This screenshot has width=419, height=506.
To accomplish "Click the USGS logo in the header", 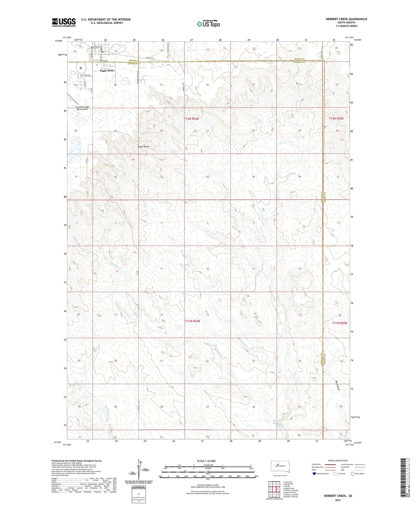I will point(64,22).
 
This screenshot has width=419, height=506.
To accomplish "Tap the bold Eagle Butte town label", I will point(107,71).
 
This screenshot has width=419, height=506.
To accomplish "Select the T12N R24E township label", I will point(191,119).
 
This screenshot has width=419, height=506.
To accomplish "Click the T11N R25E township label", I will point(340,323).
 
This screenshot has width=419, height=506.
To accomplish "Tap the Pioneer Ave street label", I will point(98,47).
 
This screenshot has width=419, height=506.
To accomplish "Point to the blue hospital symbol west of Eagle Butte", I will point(81,68).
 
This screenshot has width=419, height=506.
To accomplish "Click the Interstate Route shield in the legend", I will point(314,474).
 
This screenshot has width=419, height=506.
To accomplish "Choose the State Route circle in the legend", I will point(353,474).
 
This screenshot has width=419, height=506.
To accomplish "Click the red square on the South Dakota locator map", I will point(278,465).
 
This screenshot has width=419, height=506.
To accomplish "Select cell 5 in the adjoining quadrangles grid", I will point(278,489).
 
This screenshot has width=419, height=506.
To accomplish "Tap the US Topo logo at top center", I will point(208,24).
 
